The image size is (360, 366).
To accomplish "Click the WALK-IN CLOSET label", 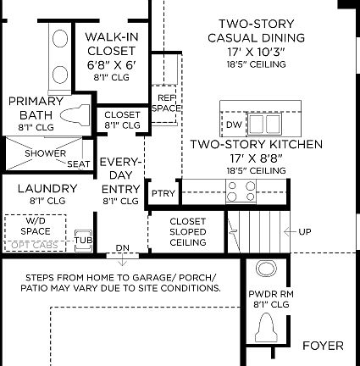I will click(x=111, y=50).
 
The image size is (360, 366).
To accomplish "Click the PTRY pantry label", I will click(x=163, y=194).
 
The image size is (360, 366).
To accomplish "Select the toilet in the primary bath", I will click(x=75, y=113).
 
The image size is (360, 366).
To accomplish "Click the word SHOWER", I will click(x=45, y=153).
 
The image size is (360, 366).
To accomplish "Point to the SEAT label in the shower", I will click(x=79, y=164).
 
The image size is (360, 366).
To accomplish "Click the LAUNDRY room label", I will click(x=47, y=189).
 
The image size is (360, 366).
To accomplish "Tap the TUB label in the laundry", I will click(x=83, y=240).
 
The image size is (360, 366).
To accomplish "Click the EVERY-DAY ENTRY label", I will click(x=120, y=181).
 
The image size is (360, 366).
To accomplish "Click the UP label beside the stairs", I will click(x=305, y=230).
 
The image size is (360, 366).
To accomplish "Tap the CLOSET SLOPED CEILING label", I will click(x=188, y=231).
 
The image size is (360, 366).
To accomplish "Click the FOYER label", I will click(x=323, y=346).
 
